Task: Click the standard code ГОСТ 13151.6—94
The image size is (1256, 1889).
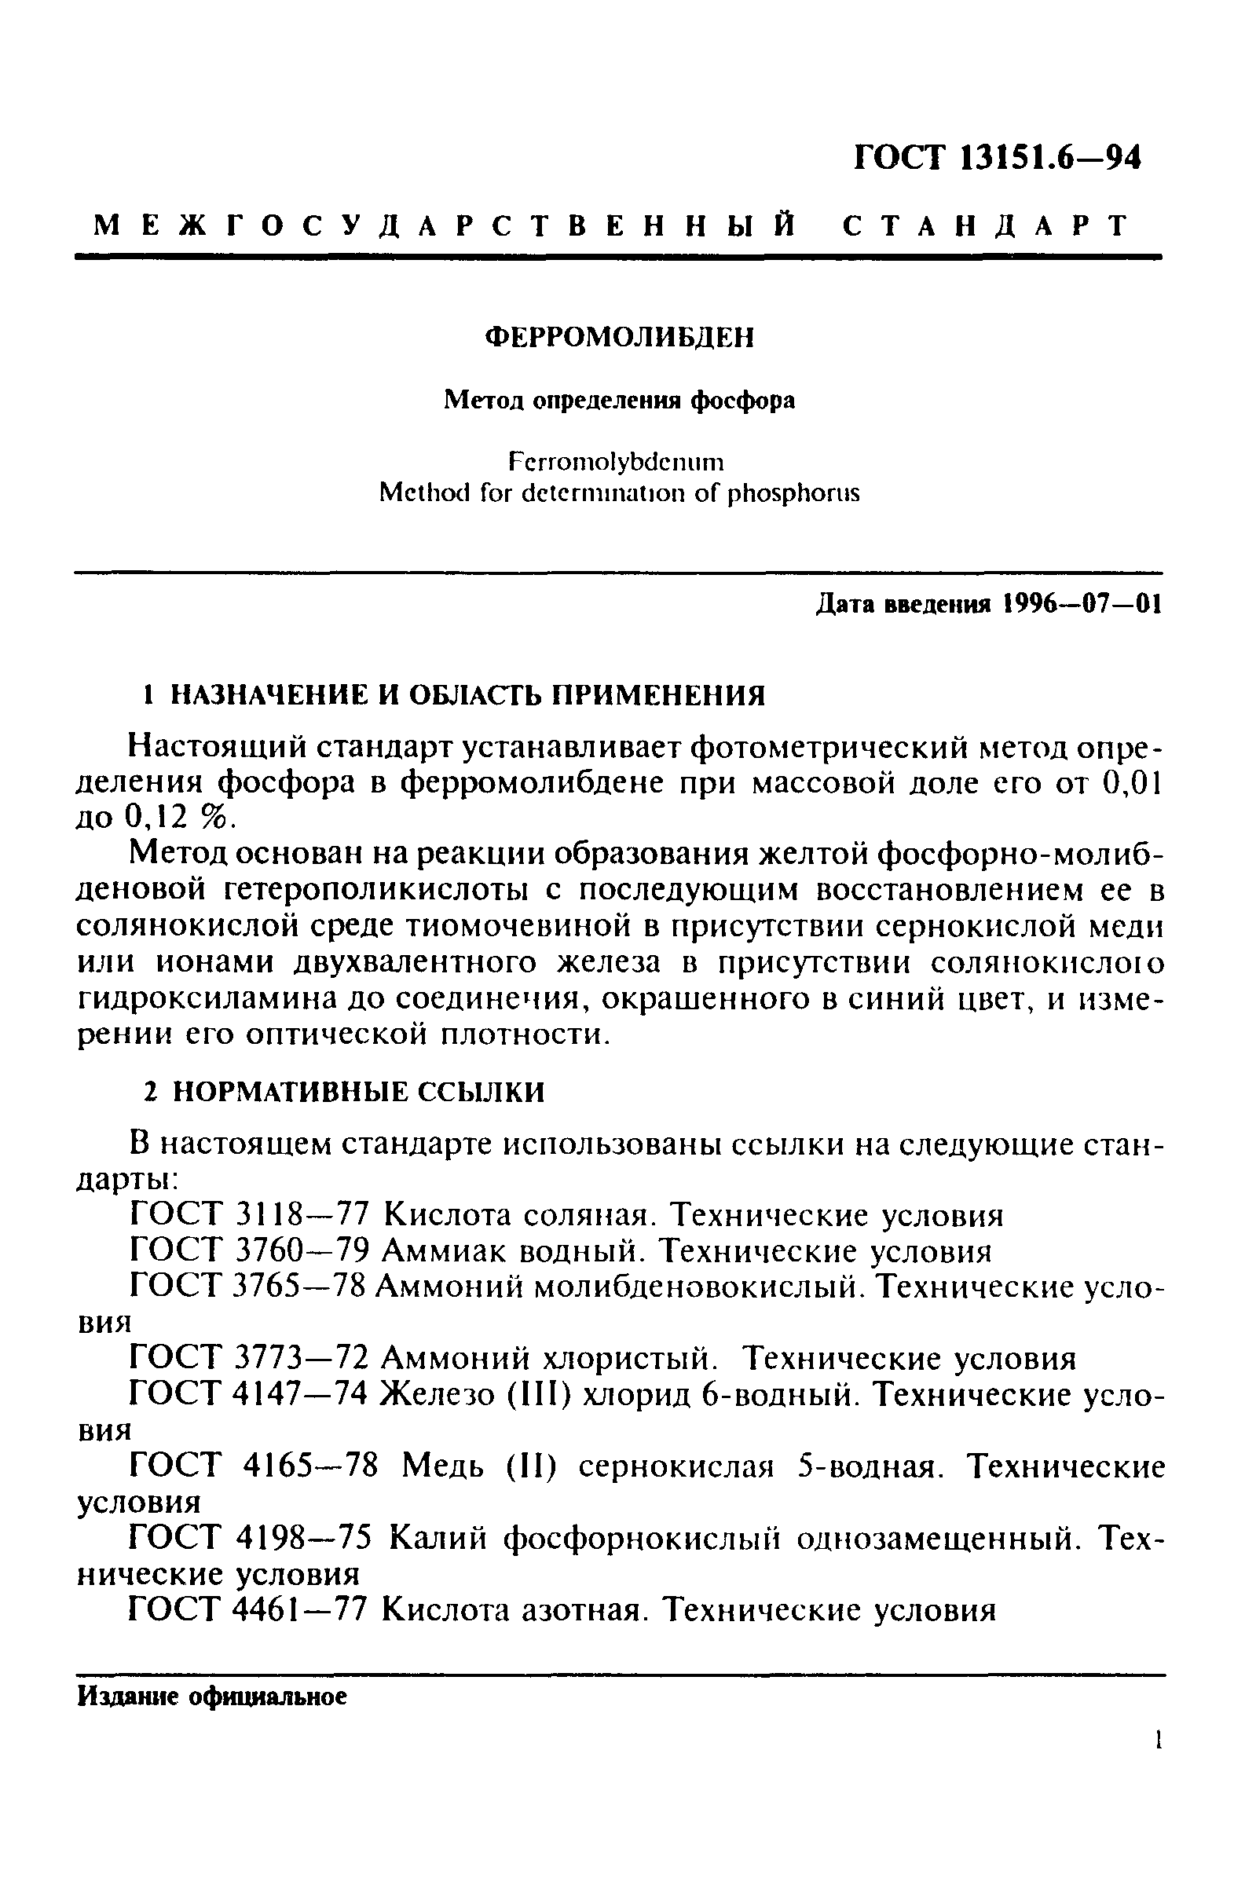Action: (x=997, y=158)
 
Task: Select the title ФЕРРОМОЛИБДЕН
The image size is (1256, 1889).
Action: (x=620, y=338)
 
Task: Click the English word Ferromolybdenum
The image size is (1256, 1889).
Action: (x=616, y=462)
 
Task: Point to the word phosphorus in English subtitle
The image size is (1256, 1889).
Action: (x=793, y=493)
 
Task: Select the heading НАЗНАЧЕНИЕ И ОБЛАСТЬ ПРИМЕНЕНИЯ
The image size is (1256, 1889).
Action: (x=469, y=695)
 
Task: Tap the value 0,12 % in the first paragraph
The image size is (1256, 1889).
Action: (x=180, y=817)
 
